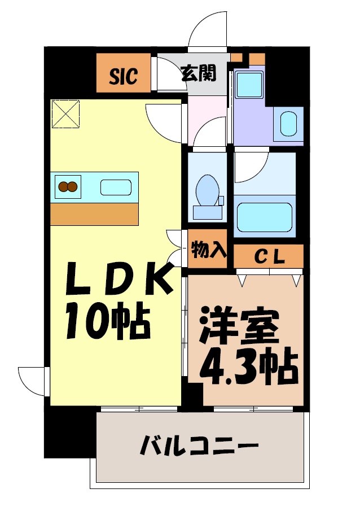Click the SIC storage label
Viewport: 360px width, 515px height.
pos(123,76)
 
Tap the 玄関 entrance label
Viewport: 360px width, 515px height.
pos(198,72)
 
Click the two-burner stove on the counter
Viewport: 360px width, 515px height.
pos(68,186)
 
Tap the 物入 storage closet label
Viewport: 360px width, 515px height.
pos(207,250)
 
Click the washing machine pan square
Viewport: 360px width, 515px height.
pos(248,85)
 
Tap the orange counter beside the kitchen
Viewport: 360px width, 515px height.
pos(94,214)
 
